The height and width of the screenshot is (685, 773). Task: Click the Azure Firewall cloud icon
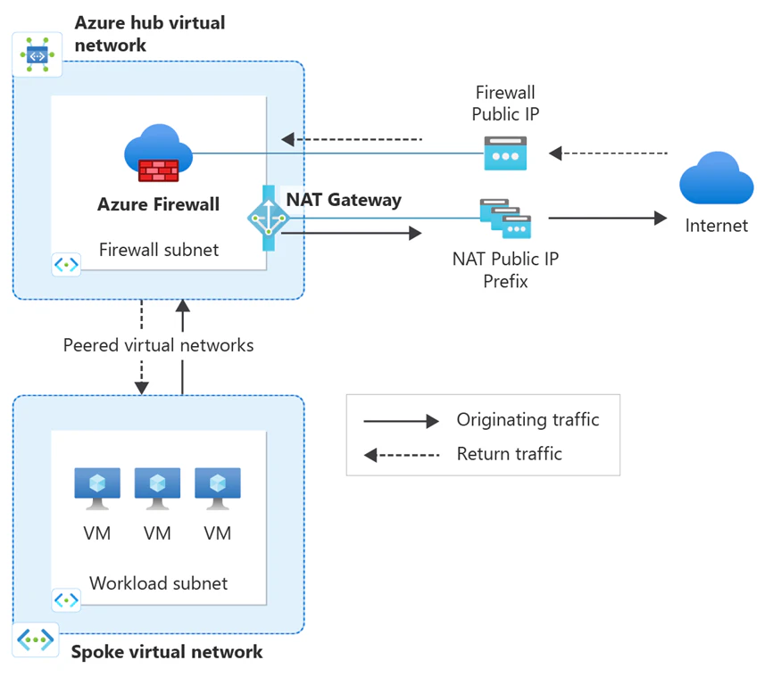point(158,153)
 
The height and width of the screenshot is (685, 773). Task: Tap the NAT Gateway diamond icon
point(268,218)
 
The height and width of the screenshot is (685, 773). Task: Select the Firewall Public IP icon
point(505,153)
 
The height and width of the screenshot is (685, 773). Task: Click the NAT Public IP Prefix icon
point(505,219)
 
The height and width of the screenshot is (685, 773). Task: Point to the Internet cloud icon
point(716,177)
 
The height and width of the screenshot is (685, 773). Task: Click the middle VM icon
point(157,489)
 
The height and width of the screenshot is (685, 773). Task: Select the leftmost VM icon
point(97,489)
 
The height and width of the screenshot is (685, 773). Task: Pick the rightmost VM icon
point(218,489)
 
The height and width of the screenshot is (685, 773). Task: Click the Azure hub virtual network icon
point(37,54)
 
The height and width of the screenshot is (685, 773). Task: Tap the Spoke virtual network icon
point(36,640)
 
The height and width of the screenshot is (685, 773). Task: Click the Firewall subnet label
point(159,250)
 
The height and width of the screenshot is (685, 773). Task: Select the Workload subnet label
point(159,583)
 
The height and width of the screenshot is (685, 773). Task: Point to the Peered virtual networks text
point(158,345)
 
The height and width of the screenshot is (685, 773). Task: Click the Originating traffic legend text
point(528,420)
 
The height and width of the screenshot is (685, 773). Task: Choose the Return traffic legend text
point(510,454)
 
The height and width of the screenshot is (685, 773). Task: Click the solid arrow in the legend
point(402,421)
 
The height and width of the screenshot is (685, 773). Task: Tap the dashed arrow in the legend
point(402,455)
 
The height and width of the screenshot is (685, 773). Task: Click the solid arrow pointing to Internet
point(608,218)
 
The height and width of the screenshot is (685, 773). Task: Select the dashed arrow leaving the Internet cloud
point(608,153)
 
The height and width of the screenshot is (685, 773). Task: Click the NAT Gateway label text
point(344,200)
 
